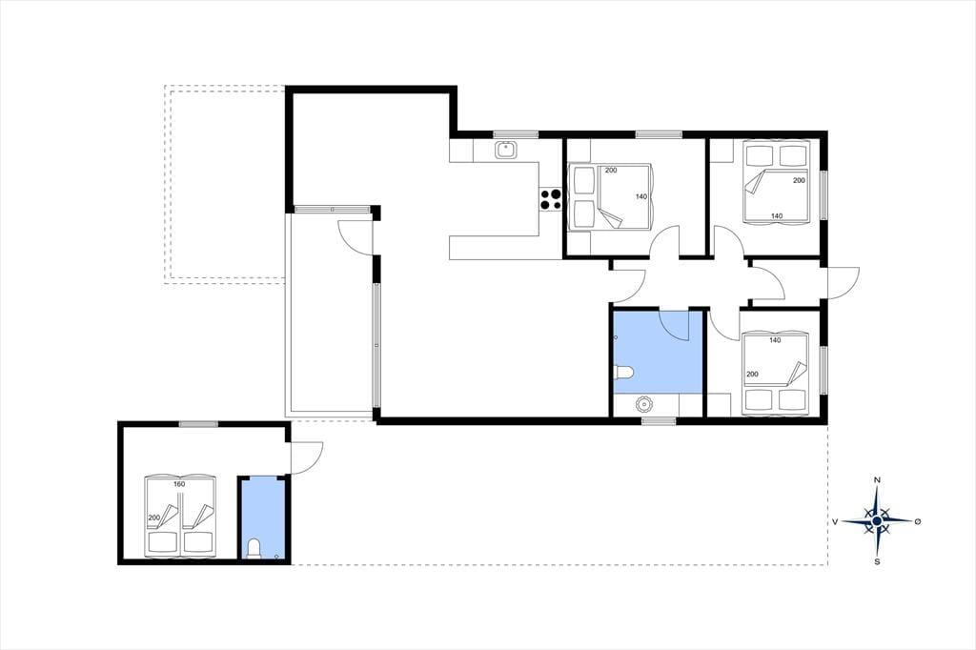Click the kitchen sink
click(505, 150)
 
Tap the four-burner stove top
click(551, 199)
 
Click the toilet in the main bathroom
click(623, 373)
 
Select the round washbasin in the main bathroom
click(642, 405)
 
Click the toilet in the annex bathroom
click(254, 549)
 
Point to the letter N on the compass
click(877, 480)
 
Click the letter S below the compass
click(877, 561)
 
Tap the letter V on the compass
click(834, 521)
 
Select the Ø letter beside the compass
click(918, 521)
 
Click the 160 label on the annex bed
click(179, 484)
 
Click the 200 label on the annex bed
click(153, 518)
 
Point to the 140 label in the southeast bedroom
click(775, 340)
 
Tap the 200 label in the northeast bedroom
click(799, 180)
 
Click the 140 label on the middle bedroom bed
click(641, 196)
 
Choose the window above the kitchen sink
click(516, 134)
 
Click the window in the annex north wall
click(198, 425)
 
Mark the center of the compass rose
click(877, 521)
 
